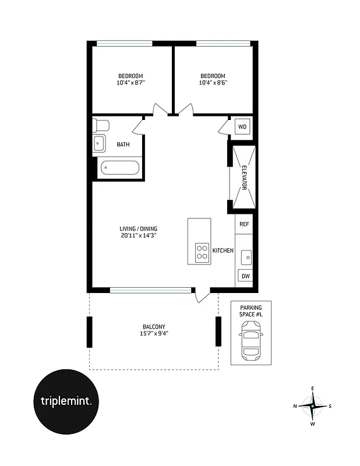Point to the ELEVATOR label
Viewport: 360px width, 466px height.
pyautogui.click(x=245, y=178)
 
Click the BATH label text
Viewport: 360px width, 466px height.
pyautogui.click(x=123, y=144)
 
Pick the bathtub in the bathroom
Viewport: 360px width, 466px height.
pyautogui.click(x=119, y=168)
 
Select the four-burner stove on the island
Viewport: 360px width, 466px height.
pyautogui.click(x=202, y=252)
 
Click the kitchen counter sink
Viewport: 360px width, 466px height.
pyautogui.click(x=246, y=255)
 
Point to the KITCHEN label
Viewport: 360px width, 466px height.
pyautogui.click(x=223, y=250)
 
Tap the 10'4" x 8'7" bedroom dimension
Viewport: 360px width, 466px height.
pyautogui.click(x=131, y=83)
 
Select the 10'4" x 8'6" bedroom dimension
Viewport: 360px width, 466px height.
pyautogui.click(x=213, y=83)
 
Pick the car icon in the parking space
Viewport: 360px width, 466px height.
pyautogui.click(x=251, y=343)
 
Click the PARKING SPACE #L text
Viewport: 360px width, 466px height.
pyautogui.click(x=252, y=311)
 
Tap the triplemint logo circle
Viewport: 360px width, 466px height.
pyautogui.click(x=66, y=401)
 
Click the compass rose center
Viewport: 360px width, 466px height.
pyautogui.click(x=313, y=405)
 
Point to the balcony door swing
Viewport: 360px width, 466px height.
pyautogui.click(x=201, y=295)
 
